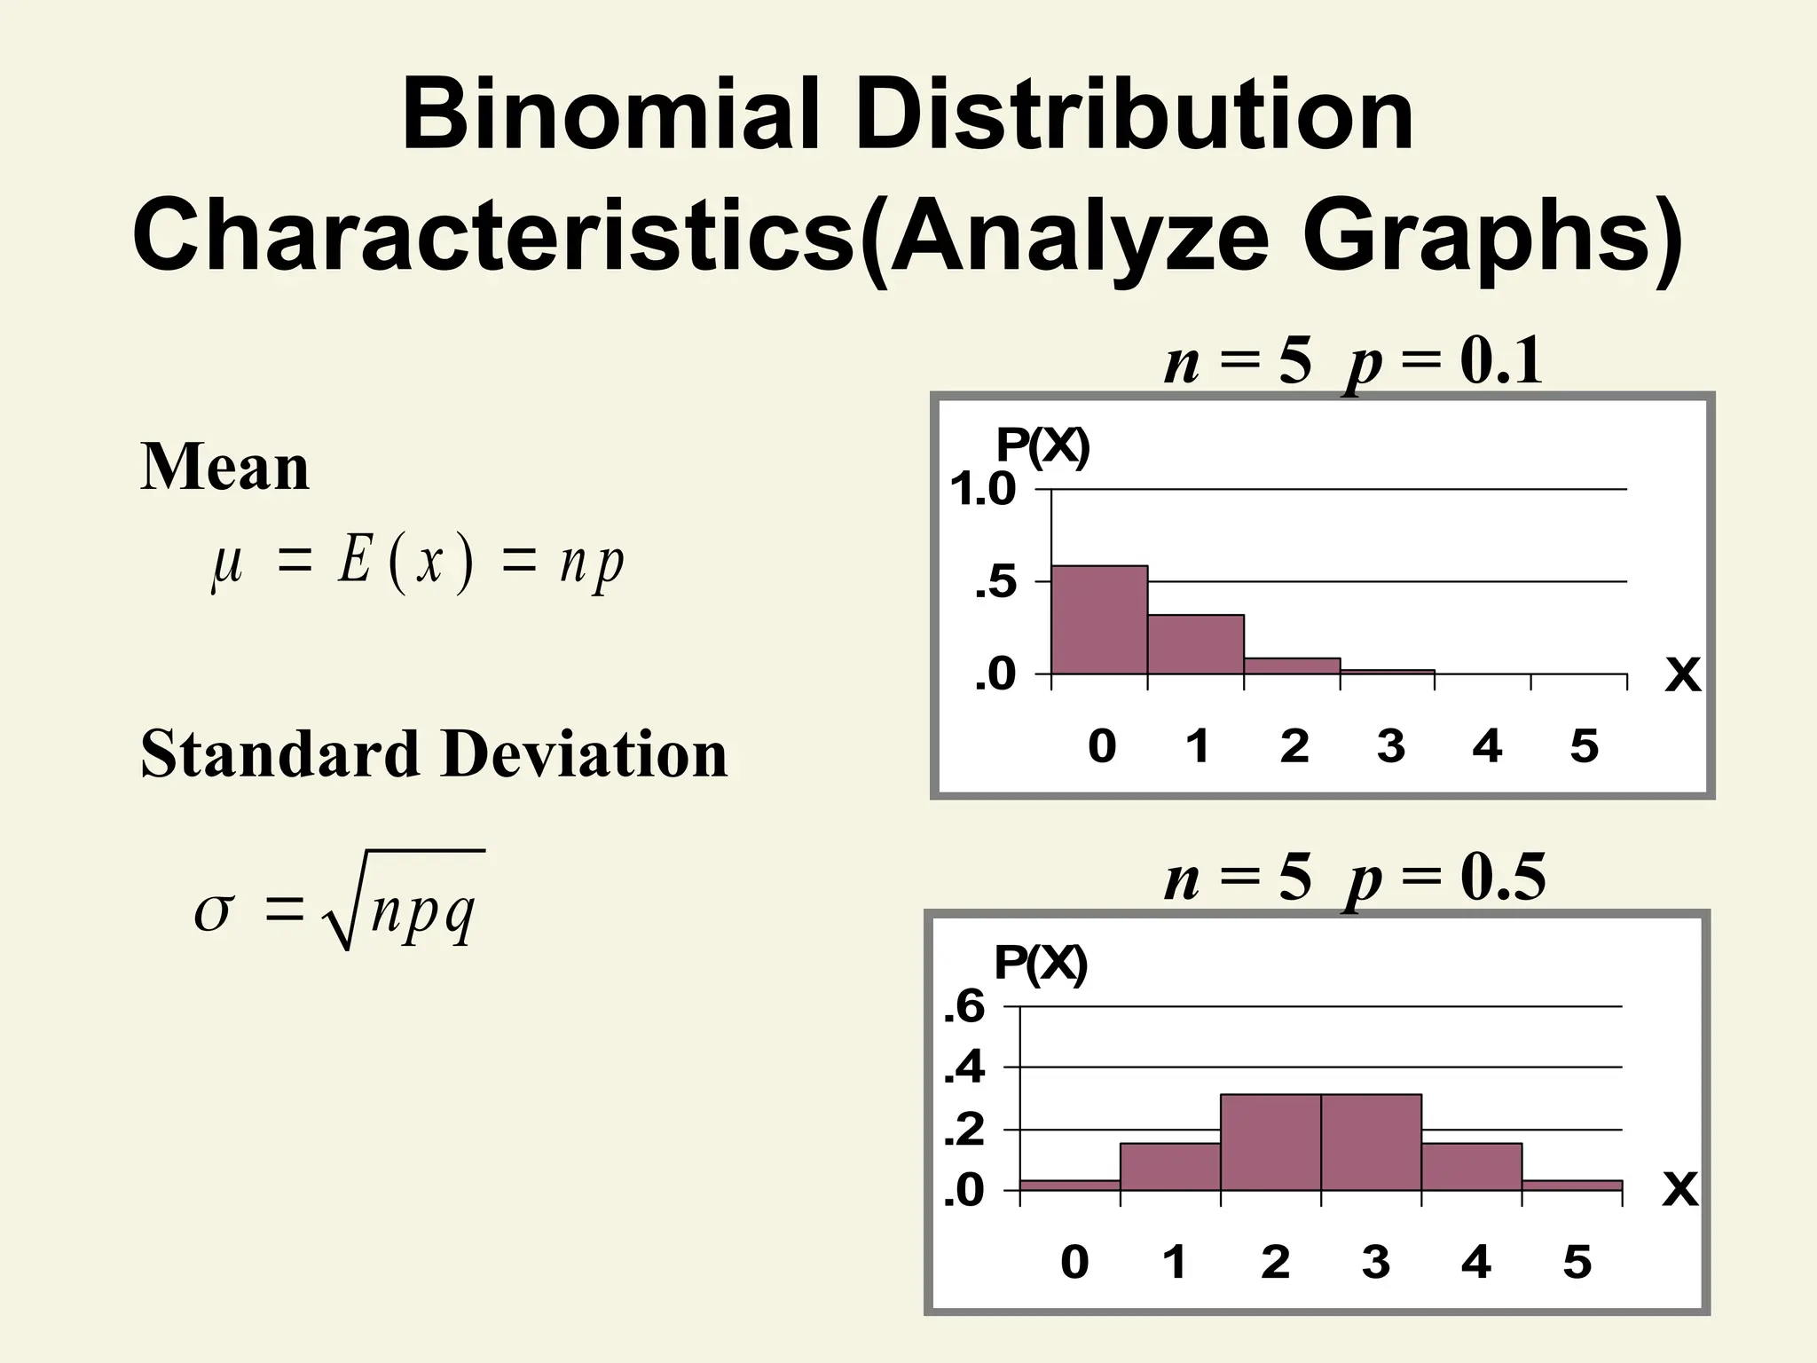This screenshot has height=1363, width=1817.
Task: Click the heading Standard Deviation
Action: point(434,753)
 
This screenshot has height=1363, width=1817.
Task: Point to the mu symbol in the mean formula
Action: point(226,564)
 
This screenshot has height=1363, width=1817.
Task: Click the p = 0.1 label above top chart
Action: point(1444,362)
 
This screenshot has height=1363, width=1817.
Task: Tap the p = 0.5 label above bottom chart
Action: point(1444,878)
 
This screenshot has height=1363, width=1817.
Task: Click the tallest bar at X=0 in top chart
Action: point(1099,620)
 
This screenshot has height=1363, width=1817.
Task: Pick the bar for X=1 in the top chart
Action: point(1195,645)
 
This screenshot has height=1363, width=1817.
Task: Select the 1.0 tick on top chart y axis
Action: point(982,490)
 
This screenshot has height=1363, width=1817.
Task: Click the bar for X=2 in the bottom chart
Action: point(1270,1143)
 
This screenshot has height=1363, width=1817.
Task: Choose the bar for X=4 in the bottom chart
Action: point(1471,1167)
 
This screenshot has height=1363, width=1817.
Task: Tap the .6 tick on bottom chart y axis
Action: point(964,1007)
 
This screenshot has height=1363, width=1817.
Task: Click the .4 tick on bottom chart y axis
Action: point(964,1068)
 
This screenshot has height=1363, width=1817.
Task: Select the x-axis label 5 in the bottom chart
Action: point(1577,1262)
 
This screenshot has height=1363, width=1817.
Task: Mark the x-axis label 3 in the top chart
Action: point(1390,746)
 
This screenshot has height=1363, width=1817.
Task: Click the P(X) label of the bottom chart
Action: point(1040,964)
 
